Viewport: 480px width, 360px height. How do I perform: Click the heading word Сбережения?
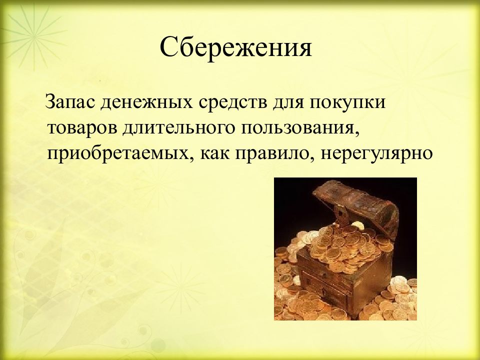pyautogui.click(x=236, y=48)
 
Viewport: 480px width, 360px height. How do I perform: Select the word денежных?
pyautogui.click(x=142, y=104)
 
